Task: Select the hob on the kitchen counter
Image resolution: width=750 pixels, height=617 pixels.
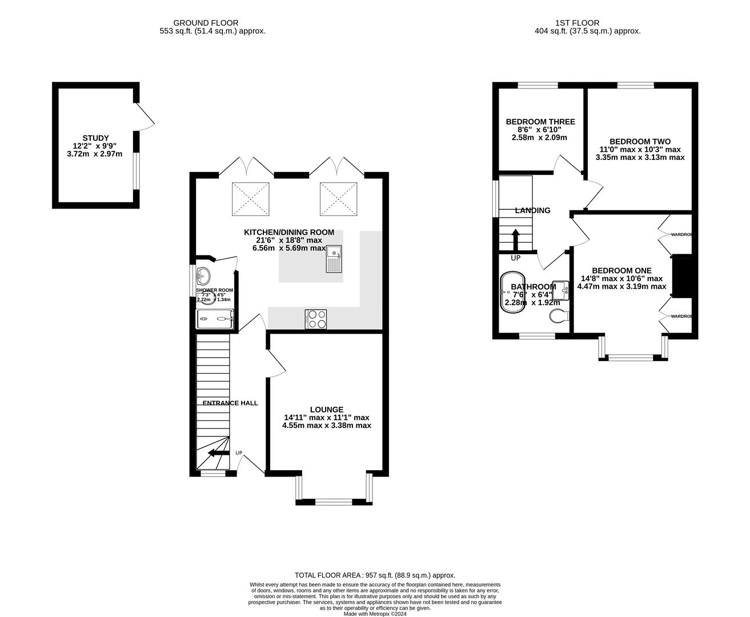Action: tap(315, 319)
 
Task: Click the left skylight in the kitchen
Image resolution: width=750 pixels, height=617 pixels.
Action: tap(250, 199)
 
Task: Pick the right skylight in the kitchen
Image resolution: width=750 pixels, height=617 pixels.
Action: tap(338, 199)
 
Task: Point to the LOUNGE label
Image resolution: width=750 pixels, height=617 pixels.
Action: tap(327, 410)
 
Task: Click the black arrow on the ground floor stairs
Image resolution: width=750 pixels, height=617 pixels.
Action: tap(216, 454)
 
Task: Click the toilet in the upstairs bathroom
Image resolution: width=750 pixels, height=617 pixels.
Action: tap(559, 315)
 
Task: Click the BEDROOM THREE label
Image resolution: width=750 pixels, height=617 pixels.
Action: tap(540, 122)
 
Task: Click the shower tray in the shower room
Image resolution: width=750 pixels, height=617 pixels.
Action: tap(215, 319)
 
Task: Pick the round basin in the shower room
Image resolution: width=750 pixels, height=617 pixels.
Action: tap(203, 277)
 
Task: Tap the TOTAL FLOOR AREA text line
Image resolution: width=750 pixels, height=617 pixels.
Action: tap(375, 575)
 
